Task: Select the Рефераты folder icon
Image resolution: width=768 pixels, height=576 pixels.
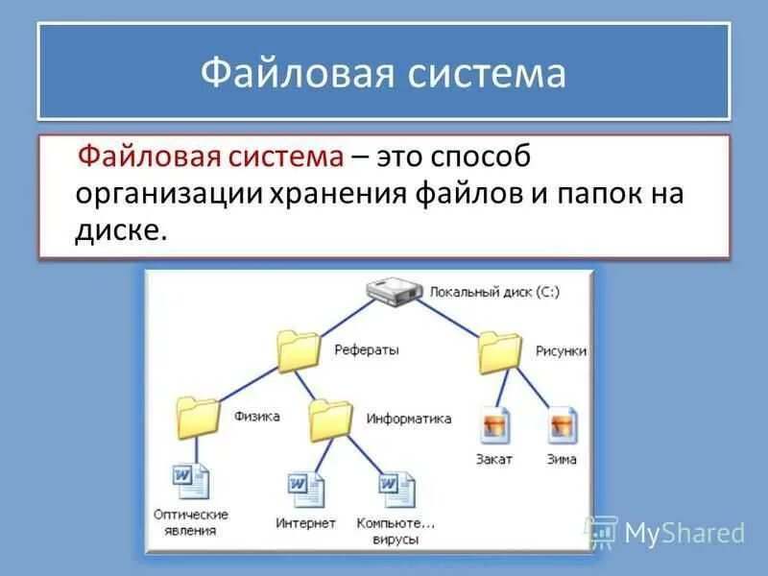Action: click(x=298, y=351)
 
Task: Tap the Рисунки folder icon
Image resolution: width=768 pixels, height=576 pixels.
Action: click(x=500, y=352)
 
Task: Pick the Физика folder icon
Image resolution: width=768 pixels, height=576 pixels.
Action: click(x=199, y=419)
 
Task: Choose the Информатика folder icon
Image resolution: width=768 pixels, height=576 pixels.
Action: click(x=331, y=420)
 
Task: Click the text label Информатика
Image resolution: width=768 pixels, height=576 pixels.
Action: click(x=408, y=419)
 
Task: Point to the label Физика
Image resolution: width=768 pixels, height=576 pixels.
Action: click(x=256, y=417)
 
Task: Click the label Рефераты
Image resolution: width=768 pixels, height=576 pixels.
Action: click(x=367, y=350)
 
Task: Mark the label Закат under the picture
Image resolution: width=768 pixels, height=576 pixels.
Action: click(x=494, y=459)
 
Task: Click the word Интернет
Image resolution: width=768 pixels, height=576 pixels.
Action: click(x=305, y=523)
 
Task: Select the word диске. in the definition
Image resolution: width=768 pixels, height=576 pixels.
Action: click(x=121, y=230)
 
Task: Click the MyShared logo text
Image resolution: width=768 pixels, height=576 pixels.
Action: click(x=684, y=533)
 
